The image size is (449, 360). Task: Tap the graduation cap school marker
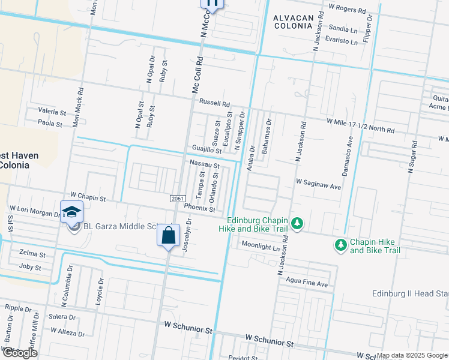coord(71,212)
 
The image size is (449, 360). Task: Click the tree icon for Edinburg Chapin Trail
coord(297,224)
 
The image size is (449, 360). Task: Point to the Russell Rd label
coord(215,103)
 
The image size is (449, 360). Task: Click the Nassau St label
coord(205,164)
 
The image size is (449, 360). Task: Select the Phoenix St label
coord(199,208)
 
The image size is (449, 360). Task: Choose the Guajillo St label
coord(206,149)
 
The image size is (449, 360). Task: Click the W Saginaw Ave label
coord(318,187)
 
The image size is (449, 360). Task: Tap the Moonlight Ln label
coord(261,246)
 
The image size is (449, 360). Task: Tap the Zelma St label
coord(32,254)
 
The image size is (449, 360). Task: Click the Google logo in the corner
coord(20,353)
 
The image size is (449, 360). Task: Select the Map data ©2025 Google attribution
coord(412,356)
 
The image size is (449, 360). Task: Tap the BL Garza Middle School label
coord(117,226)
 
